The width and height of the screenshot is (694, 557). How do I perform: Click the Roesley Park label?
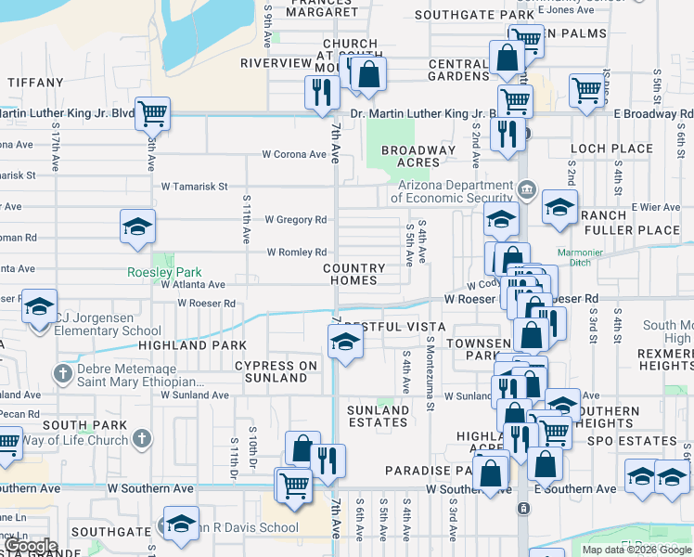[164, 273]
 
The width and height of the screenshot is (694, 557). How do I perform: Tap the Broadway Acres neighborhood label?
[418, 156]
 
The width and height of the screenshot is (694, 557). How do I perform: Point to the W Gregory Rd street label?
[295, 220]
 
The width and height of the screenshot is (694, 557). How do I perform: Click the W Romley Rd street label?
[297, 253]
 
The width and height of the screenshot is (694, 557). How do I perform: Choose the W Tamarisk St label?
[195, 187]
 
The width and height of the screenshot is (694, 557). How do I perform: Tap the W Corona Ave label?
[294, 154]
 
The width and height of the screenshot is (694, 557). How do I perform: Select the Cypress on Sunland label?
[276, 371]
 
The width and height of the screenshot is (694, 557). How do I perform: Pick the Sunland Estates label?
[378, 416]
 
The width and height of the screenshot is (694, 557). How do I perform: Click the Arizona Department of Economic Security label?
[452, 190]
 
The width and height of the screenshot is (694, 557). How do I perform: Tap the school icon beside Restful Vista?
[345, 342]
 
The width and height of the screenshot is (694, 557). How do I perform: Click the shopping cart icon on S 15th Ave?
[153, 114]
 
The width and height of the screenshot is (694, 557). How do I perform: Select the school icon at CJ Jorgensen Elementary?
[40, 306]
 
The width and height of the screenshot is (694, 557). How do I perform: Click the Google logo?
[30, 546]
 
